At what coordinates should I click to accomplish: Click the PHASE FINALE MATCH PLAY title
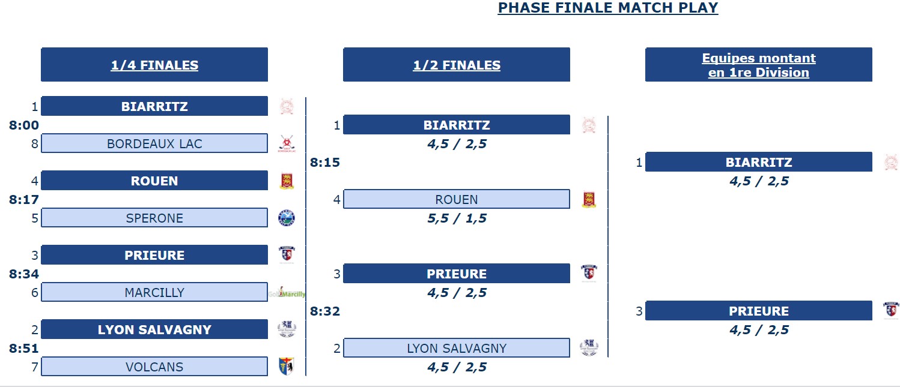point(608,8)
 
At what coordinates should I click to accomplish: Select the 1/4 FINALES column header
point(154,65)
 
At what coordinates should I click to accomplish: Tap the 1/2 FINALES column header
point(457,65)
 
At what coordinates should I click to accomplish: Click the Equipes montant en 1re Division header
point(759,65)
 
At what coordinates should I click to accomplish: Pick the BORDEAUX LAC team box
point(154,143)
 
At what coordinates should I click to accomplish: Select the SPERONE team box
point(154,218)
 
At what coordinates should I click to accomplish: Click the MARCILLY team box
point(154,292)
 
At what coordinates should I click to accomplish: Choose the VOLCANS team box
point(154,367)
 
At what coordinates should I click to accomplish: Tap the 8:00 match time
point(24,125)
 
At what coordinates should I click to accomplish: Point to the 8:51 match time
point(24,349)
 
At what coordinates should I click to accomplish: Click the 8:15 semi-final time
point(325,163)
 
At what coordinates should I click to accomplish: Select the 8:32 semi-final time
point(325,311)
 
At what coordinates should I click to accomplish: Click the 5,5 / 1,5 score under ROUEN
point(457,218)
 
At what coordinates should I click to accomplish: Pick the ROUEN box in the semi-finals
point(457,199)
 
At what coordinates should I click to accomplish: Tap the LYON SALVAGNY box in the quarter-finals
point(154,329)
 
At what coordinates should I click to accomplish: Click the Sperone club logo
point(287,218)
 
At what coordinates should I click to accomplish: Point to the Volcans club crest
point(287,366)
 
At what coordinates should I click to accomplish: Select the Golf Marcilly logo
point(287,293)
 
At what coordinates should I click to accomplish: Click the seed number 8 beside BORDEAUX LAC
point(35,144)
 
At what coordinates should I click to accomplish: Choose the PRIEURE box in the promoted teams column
point(759,311)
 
